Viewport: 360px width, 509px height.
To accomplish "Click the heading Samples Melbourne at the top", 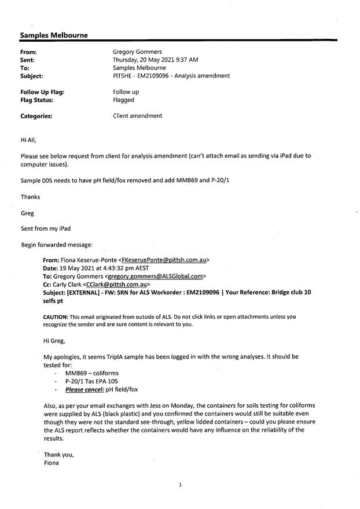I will [54, 35].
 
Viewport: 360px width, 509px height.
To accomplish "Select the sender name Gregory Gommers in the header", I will [138, 51].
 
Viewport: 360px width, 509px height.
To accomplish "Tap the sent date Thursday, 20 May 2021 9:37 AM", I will [156, 60].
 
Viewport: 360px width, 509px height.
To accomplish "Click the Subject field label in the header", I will [31, 76].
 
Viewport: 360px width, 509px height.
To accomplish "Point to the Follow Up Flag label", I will [42, 92].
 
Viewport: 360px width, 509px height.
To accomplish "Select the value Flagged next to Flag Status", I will [123, 100].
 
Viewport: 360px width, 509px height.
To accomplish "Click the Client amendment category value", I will [137, 116].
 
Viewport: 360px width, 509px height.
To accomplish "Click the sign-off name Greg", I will [27, 213].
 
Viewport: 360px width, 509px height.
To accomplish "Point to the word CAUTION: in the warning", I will [56, 317].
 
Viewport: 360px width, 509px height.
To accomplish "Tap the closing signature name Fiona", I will [52, 463].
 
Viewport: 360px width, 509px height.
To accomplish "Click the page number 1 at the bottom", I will [181, 485].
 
